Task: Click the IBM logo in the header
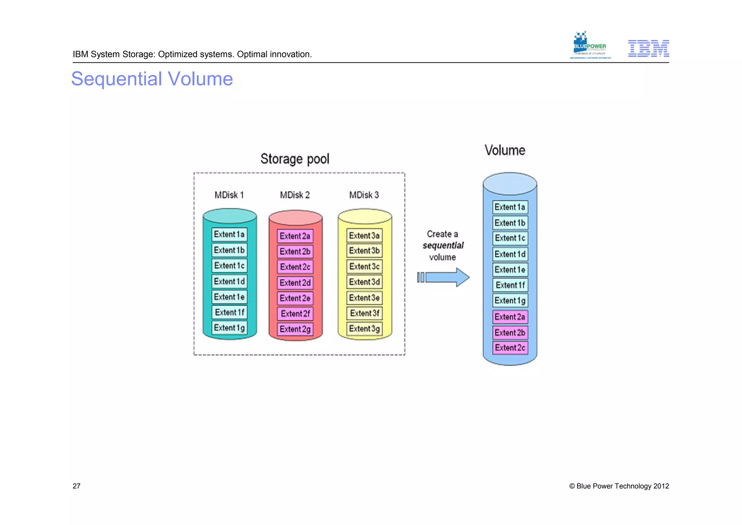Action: (648, 49)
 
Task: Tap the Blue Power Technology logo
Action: (590, 46)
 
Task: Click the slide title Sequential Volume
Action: (152, 79)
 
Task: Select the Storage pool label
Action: (295, 159)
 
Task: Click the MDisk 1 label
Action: (229, 195)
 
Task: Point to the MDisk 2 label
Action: (295, 195)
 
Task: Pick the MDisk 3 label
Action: (364, 195)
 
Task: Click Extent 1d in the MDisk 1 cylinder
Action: (229, 281)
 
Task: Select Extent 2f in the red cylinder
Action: (295, 314)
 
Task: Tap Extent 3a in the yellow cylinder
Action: (364, 236)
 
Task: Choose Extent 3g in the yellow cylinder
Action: (364, 329)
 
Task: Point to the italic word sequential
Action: (443, 245)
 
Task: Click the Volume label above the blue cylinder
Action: (505, 150)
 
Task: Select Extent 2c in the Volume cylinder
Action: (510, 348)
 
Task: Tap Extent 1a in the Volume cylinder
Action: (510, 207)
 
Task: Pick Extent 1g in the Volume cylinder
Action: (510, 301)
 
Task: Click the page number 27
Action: (76, 486)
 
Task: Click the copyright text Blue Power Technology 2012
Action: (619, 486)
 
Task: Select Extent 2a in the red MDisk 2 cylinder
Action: (295, 236)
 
